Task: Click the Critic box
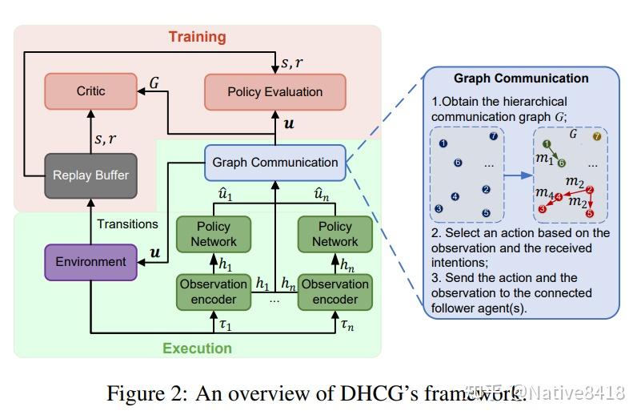click(90, 91)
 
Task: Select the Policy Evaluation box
click(274, 91)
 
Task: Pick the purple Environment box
click(90, 261)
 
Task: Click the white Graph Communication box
click(274, 163)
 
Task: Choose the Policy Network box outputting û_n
click(335, 234)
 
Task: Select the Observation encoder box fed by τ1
click(214, 292)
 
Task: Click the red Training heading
click(197, 37)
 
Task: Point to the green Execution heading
click(197, 348)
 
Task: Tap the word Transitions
click(129, 224)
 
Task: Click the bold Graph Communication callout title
click(521, 79)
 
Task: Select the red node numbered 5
click(590, 214)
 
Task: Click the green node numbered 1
click(547, 144)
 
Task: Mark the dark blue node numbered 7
click(493, 137)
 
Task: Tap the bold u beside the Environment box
click(154, 253)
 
